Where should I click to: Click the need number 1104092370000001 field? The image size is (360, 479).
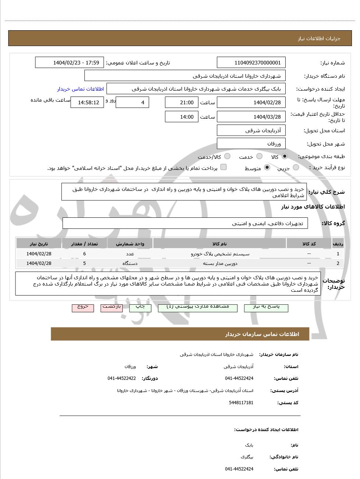(x=251, y=63)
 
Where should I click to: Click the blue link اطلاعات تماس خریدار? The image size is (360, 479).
(x=80, y=89)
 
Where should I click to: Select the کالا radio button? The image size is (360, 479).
(x=285, y=156)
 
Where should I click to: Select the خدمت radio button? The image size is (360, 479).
(x=260, y=156)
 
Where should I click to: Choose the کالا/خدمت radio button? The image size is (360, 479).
(x=227, y=156)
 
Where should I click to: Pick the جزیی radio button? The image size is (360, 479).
(x=296, y=168)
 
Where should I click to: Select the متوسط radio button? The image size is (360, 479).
(x=267, y=168)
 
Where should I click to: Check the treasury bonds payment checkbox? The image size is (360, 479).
(x=223, y=167)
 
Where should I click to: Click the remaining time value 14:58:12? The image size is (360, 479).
(x=87, y=102)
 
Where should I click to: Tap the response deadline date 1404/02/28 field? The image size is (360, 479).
(x=251, y=102)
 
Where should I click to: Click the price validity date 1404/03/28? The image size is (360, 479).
(x=251, y=117)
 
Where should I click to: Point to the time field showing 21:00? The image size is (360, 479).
(x=182, y=102)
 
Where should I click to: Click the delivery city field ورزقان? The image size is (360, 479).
(x=251, y=144)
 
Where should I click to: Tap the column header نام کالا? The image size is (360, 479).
(x=220, y=244)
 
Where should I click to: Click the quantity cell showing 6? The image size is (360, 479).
(x=84, y=254)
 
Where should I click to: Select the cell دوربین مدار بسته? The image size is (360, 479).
(x=220, y=263)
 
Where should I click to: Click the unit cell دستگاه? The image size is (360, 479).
(x=130, y=263)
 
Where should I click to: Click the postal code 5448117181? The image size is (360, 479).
(x=241, y=403)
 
